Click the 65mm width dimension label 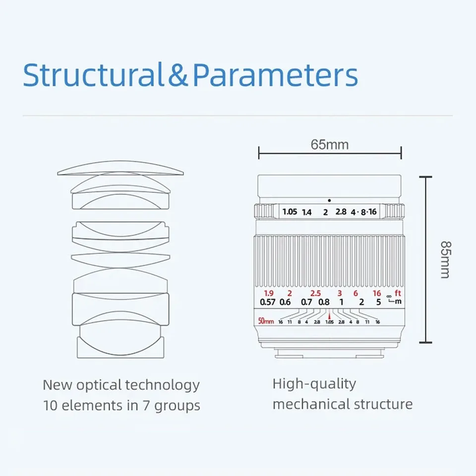tap(330, 144)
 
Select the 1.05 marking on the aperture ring tap(290, 212)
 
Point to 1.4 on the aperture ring tap(307, 212)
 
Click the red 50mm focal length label tap(266, 321)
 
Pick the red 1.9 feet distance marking tap(268, 293)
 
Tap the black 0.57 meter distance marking tap(268, 302)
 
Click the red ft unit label tap(398, 293)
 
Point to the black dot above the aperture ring tap(329, 200)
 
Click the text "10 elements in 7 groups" tap(121, 406)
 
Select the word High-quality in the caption tap(314, 383)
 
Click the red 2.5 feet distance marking tap(315, 293)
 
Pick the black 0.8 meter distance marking tap(324, 302)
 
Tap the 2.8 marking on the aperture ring tap(341, 212)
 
